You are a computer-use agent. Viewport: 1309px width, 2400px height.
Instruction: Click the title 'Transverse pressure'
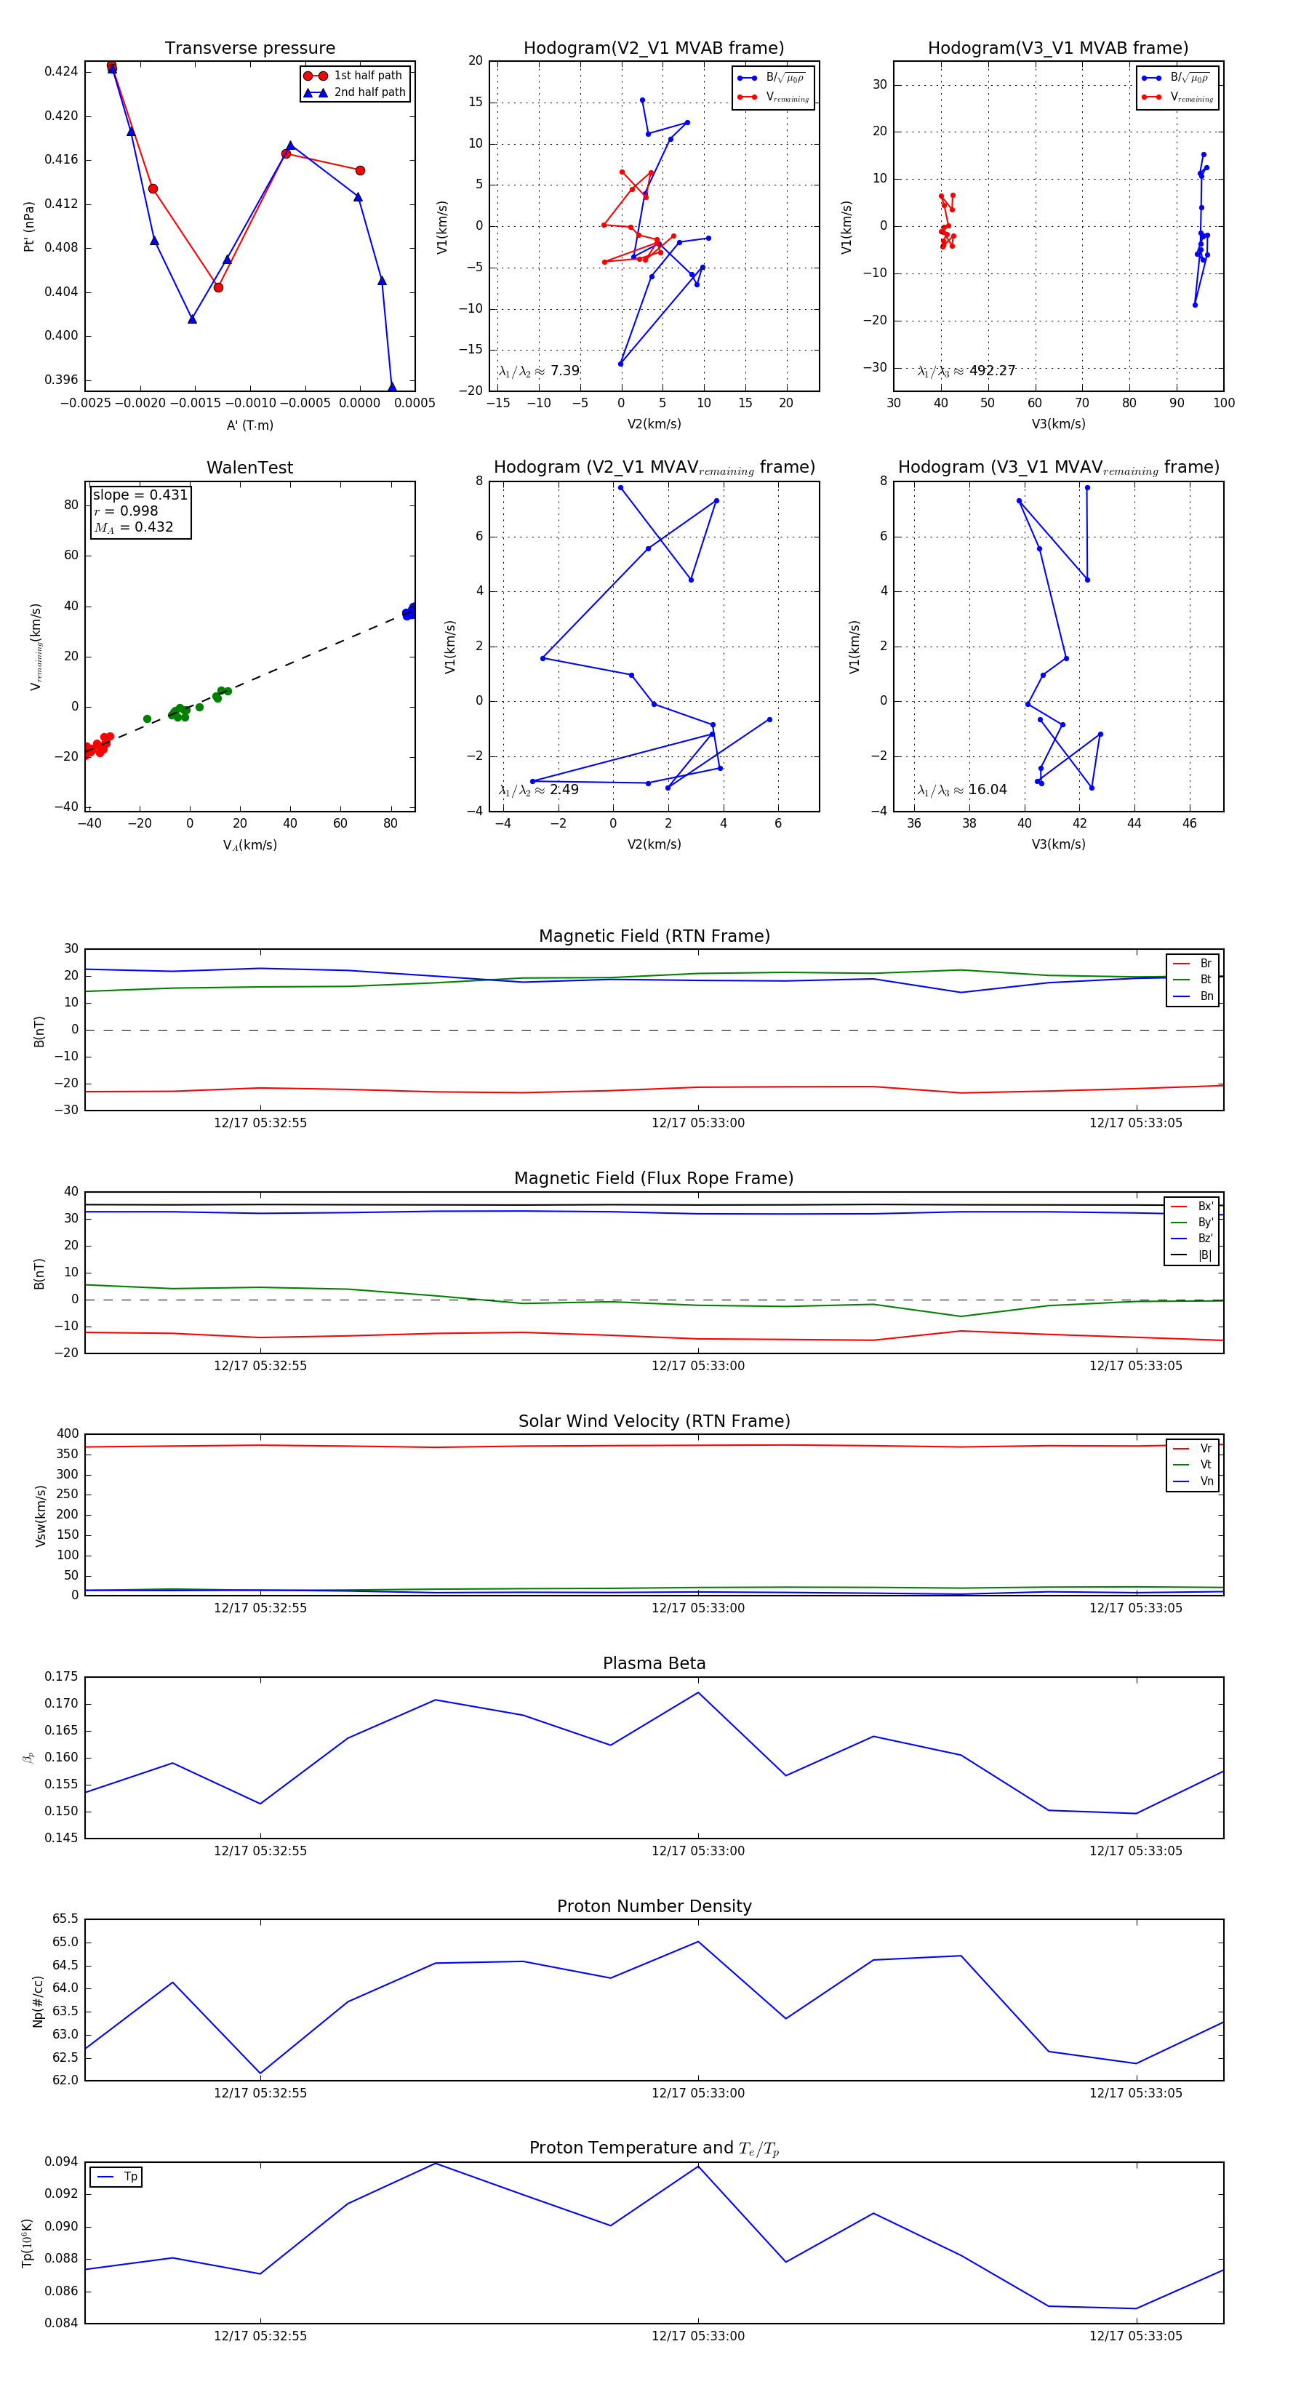tap(249, 49)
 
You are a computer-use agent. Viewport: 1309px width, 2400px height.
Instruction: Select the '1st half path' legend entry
tap(367, 76)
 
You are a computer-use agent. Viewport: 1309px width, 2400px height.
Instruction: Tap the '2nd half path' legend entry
tap(369, 92)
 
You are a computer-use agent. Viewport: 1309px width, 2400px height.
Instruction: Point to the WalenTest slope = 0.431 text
tap(140, 495)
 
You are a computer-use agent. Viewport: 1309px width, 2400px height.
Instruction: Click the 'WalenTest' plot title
tap(249, 468)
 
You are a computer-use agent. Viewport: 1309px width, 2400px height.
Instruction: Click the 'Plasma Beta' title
tap(654, 1663)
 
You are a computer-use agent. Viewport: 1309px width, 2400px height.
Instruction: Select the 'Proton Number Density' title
tap(654, 1906)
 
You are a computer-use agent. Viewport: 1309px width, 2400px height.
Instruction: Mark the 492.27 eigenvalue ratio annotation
tap(991, 371)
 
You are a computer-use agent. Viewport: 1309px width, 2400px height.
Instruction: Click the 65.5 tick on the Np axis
tap(65, 1919)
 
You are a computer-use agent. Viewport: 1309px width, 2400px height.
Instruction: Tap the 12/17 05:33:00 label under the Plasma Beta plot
tap(698, 1850)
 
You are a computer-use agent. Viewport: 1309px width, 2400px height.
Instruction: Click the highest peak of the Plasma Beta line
tap(699, 1693)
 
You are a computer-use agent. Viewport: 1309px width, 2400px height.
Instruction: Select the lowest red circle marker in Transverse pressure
tap(218, 287)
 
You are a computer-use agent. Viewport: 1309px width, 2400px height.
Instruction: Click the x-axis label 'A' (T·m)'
tap(249, 425)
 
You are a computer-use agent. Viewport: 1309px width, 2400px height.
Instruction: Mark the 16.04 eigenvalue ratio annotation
tap(987, 790)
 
